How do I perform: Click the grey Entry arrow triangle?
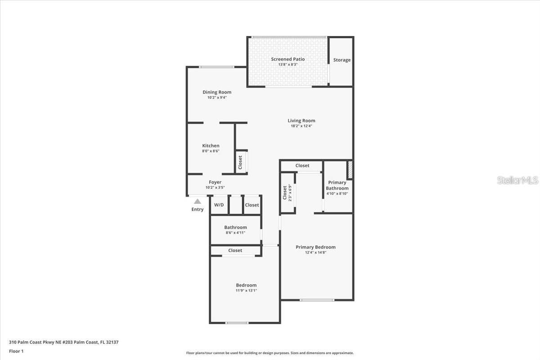coord(198,202)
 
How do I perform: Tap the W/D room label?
coord(219,205)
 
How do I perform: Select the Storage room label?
coord(342,60)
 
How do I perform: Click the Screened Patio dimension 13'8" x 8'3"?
coord(288,65)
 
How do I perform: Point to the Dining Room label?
coord(217,92)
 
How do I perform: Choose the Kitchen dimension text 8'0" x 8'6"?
coord(211,151)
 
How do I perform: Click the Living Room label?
coord(301,121)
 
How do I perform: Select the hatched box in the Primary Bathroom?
coord(349,170)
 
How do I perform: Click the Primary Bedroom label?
coord(315,247)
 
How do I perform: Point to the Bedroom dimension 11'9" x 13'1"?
coord(247,291)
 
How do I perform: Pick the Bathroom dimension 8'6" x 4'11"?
coord(235,233)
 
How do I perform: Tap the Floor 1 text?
coord(16,351)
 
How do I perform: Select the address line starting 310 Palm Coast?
coord(63,342)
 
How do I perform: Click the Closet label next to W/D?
coord(252,205)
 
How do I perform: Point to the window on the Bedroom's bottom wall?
coord(237,323)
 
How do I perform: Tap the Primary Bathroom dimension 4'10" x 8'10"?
coord(337,193)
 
